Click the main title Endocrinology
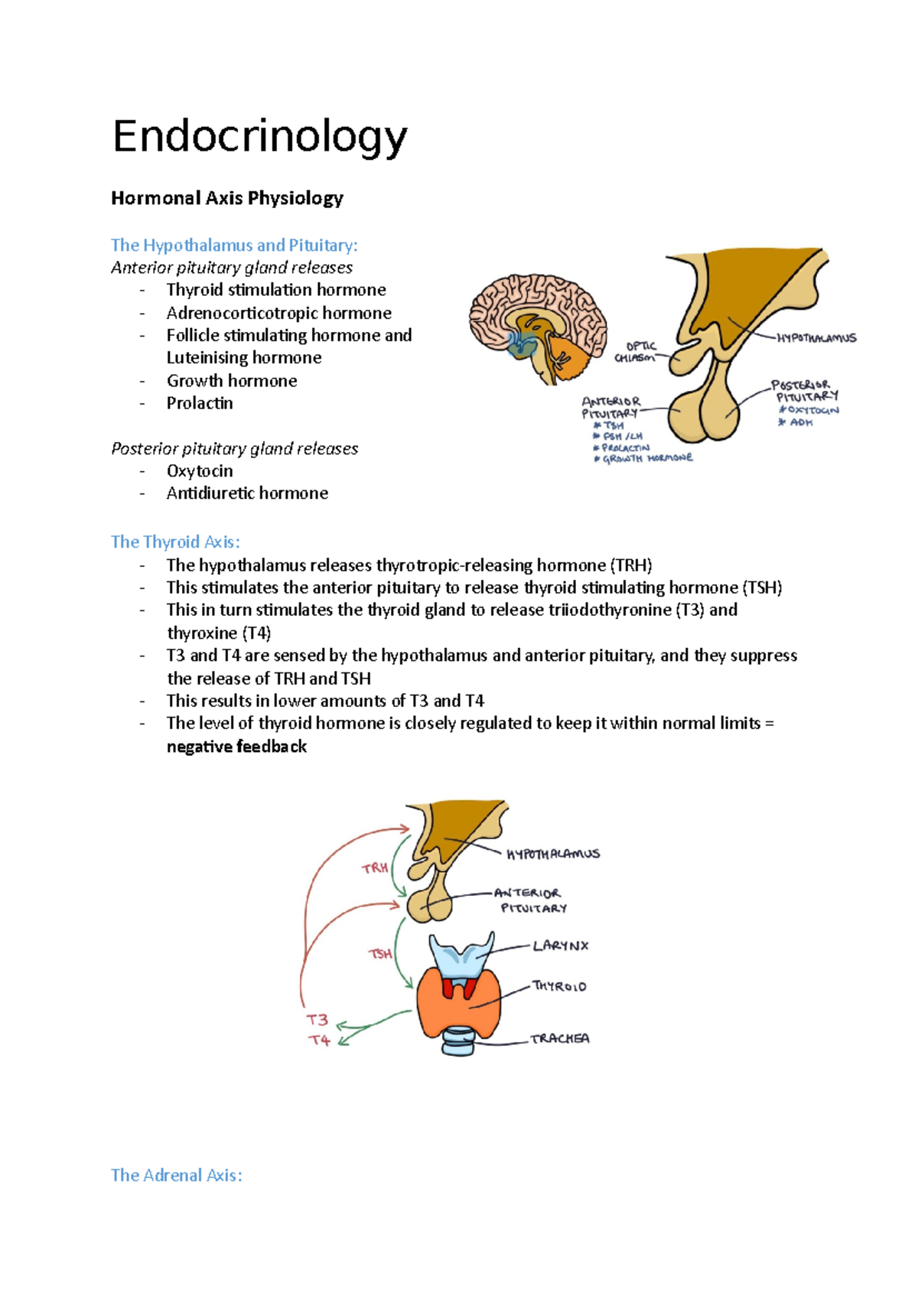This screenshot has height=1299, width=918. [x=259, y=138]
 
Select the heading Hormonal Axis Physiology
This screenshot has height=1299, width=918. [x=226, y=198]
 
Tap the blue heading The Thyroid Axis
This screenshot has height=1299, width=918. [x=175, y=542]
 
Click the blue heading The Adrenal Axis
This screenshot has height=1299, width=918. [x=176, y=1175]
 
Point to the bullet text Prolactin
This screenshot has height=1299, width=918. [x=200, y=403]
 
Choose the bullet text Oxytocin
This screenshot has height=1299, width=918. [x=200, y=471]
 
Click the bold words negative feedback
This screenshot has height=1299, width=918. [x=236, y=747]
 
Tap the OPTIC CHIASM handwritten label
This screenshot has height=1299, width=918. [x=636, y=352]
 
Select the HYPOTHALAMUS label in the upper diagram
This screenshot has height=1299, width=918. [x=816, y=338]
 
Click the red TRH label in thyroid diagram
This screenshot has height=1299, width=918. [x=375, y=868]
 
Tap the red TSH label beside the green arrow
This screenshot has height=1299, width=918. [x=380, y=954]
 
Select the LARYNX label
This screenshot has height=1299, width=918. [x=561, y=946]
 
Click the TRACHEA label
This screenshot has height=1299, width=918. [x=560, y=1039]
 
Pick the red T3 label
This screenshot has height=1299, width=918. [x=317, y=1020]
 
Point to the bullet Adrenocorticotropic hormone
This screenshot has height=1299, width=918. [x=278, y=313]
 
